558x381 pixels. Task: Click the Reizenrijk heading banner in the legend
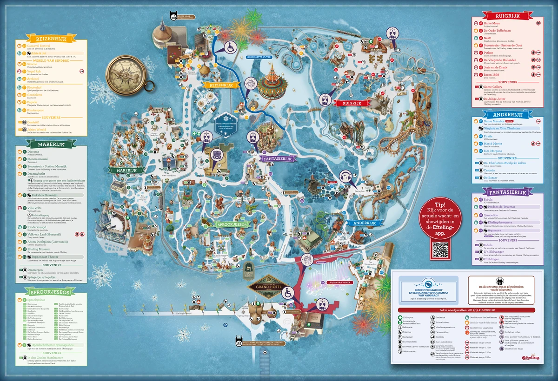(50, 38)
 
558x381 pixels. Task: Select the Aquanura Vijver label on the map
(339, 282)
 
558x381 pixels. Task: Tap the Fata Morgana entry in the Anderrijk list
(494, 151)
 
